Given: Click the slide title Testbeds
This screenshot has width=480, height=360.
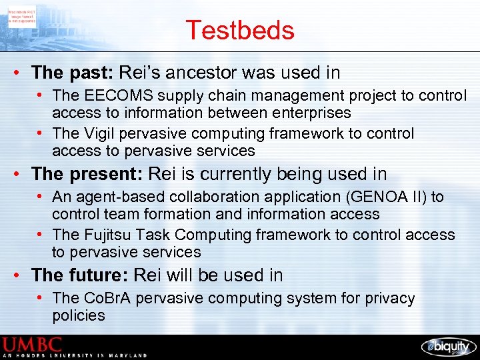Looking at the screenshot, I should pos(239,31).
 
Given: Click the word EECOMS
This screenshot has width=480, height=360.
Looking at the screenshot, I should pos(114,96).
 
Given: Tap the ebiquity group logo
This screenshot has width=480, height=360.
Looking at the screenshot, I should pos(448,346).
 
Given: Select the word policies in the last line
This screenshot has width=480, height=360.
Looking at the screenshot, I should pos(79,315).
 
